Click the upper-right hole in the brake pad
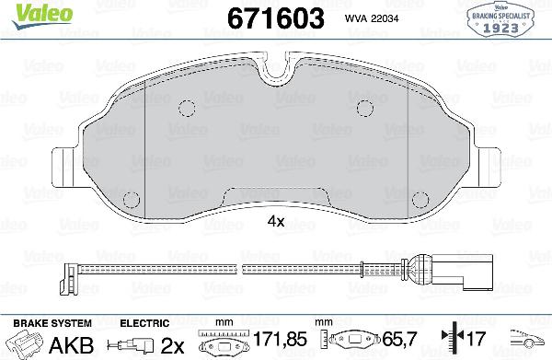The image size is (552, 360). coord(367,107)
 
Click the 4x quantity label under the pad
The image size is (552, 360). coord(275,222)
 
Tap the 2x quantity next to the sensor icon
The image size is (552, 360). coord(173,345)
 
